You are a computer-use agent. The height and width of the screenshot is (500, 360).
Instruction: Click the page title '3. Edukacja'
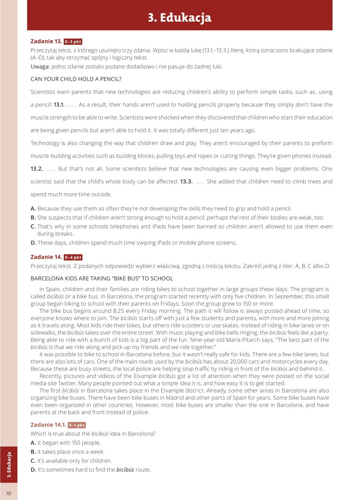point(179,18)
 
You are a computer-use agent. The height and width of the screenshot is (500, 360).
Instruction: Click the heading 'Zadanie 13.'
point(46,41)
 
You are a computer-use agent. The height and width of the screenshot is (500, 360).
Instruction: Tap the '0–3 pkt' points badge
point(73,42)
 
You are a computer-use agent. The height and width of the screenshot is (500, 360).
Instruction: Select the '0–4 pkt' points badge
point(73,257)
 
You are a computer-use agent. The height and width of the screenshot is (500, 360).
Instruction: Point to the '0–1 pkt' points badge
point(77,425)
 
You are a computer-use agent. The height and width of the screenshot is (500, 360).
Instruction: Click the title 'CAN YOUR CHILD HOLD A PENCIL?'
point(76,79)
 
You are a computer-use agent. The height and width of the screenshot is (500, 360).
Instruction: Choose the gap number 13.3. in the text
point(186,182)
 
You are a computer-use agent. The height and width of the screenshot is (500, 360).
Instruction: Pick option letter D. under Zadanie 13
point(33,243)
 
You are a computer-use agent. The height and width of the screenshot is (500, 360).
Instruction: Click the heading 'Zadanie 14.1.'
point(48,425)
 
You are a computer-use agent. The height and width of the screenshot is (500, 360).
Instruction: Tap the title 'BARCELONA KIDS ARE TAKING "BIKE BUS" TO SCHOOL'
point(102,279)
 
